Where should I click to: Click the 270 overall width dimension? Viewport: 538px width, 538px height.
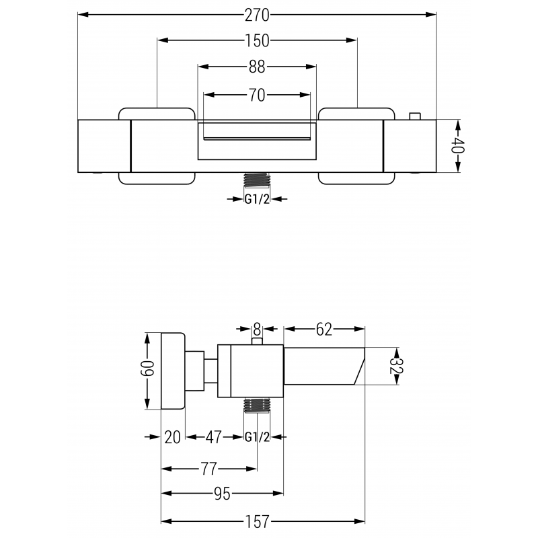pos(257,14)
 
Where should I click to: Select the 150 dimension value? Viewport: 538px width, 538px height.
pos(256,41)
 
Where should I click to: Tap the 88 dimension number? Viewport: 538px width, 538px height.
pos(256,67)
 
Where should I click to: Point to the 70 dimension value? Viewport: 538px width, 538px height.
pos(256,95)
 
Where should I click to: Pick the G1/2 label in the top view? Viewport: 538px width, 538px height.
pos(256,199)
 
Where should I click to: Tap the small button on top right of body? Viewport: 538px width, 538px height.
pos(416,116)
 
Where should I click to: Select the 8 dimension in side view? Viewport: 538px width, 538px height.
pos(256,329)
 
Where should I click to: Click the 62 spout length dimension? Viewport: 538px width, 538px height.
pos(324,329)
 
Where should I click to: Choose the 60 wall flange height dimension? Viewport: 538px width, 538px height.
pos(148,369)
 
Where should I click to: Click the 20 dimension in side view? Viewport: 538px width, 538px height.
pos(173,437)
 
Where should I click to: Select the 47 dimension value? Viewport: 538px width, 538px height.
pos(215,437)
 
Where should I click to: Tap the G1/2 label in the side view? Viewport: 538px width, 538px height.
pos(256,437)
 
